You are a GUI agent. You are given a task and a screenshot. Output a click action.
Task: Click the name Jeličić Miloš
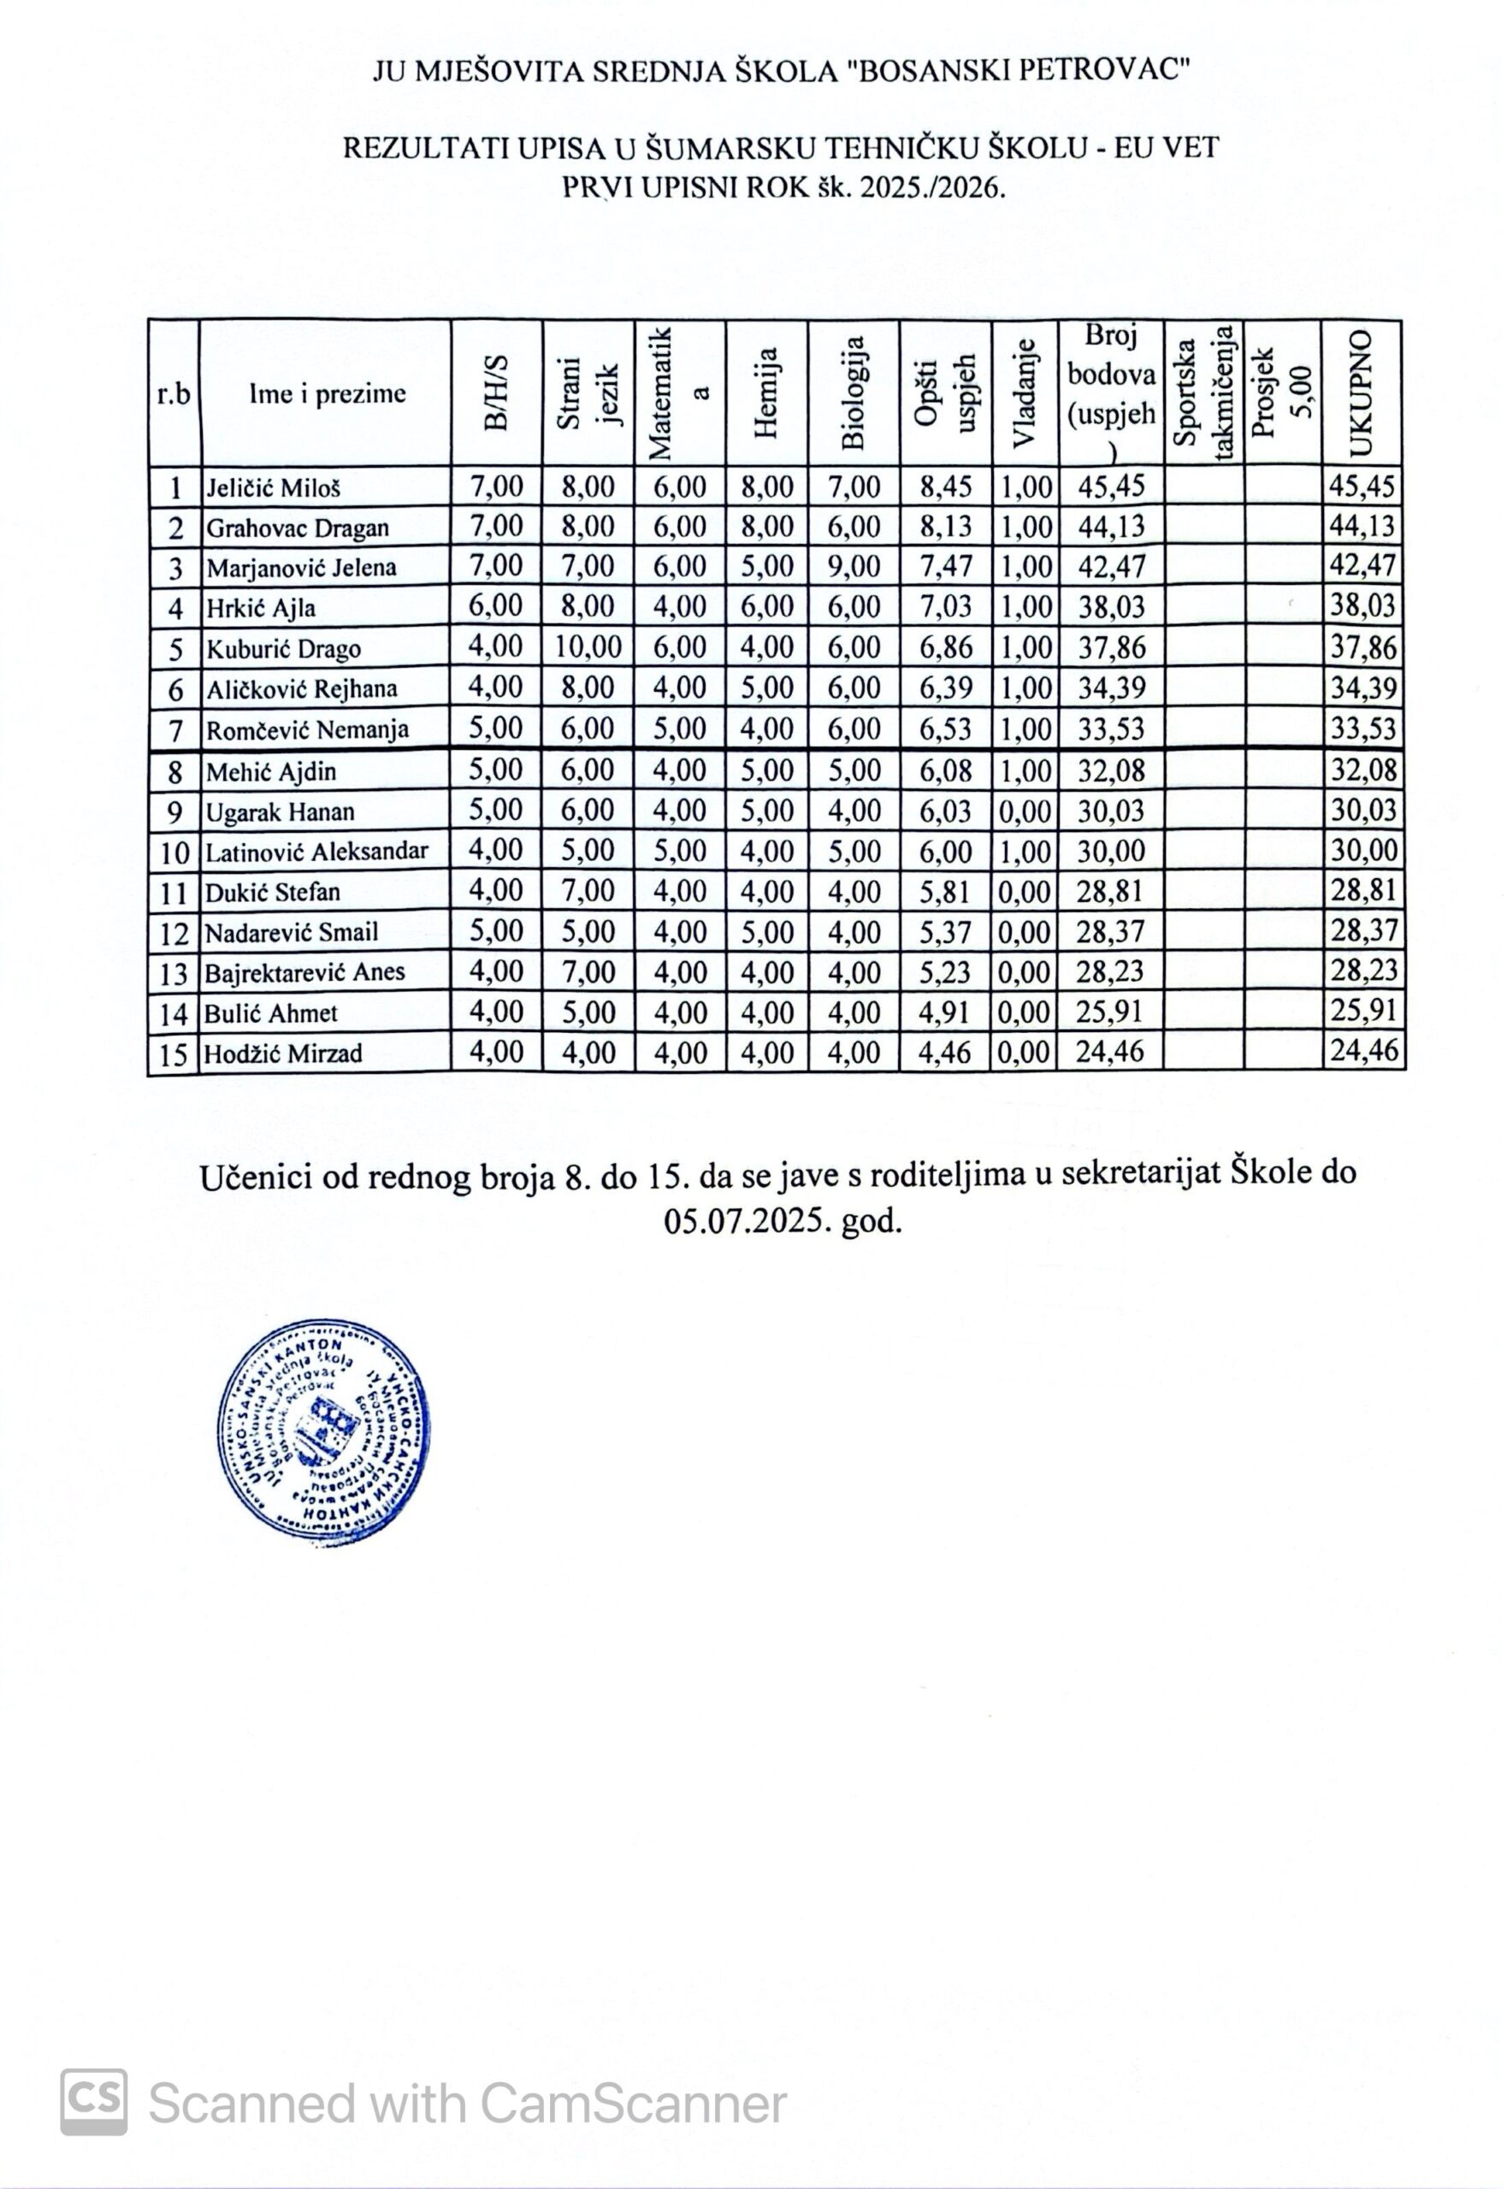tap(274, 488)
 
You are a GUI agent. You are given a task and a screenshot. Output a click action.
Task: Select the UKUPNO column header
tap(1362, 392)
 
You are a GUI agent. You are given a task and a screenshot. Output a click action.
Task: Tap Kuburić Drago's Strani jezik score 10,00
tap(588, 647)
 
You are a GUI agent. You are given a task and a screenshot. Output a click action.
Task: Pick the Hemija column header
tap(766, 392)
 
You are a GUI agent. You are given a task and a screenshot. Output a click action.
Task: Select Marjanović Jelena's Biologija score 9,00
tap(854, 566)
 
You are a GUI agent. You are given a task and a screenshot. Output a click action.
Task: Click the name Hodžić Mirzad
tap(284, 1053)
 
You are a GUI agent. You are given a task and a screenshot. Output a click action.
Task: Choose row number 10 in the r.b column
tap(174, 853)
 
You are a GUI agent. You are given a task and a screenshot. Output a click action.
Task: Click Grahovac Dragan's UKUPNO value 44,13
tap(1362, 527)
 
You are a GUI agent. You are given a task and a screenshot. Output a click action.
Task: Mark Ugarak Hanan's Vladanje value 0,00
tap(1025, 811)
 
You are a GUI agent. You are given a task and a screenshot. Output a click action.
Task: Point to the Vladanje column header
tap(1025, 392)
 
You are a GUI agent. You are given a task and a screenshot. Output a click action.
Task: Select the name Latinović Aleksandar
tap(317, 852)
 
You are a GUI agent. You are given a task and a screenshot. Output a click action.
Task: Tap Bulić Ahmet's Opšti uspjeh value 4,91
tap(945, 1013)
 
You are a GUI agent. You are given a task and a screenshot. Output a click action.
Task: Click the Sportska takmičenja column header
tap(1204, 392)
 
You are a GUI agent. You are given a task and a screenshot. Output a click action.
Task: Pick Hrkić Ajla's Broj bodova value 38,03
tap(1111, 607)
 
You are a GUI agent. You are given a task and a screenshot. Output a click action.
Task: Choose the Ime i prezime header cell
tap(327, 393)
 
